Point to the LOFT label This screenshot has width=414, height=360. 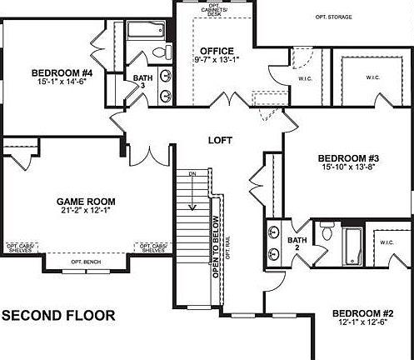pos(220,140)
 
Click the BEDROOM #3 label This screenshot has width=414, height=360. pos(349,158)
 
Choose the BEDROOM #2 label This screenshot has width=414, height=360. pos(362,313)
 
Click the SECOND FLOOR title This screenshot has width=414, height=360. pos(58,316)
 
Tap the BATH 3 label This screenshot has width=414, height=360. pos(142,82)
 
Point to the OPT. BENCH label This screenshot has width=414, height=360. pos(85,262)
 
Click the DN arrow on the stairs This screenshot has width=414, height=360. pos(192,200)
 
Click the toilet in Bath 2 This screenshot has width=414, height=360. pos(327,235)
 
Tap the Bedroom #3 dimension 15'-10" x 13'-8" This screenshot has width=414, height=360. pos(349,168)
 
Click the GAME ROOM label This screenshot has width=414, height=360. pos(86,202)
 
